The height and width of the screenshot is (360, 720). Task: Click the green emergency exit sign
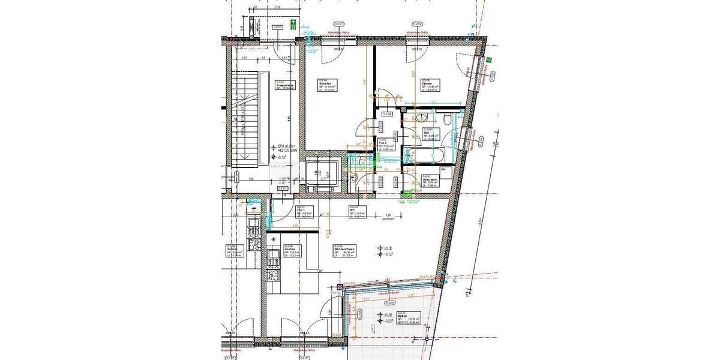pyautogui.click(x=293, y=25)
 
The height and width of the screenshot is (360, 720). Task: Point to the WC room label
pyautogui.click(x=357, y=211)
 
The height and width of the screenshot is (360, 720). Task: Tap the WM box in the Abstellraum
pyautogui.click(x=444, y=170)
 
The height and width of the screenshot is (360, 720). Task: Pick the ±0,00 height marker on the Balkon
pyautogui.click(x=388, y=314)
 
